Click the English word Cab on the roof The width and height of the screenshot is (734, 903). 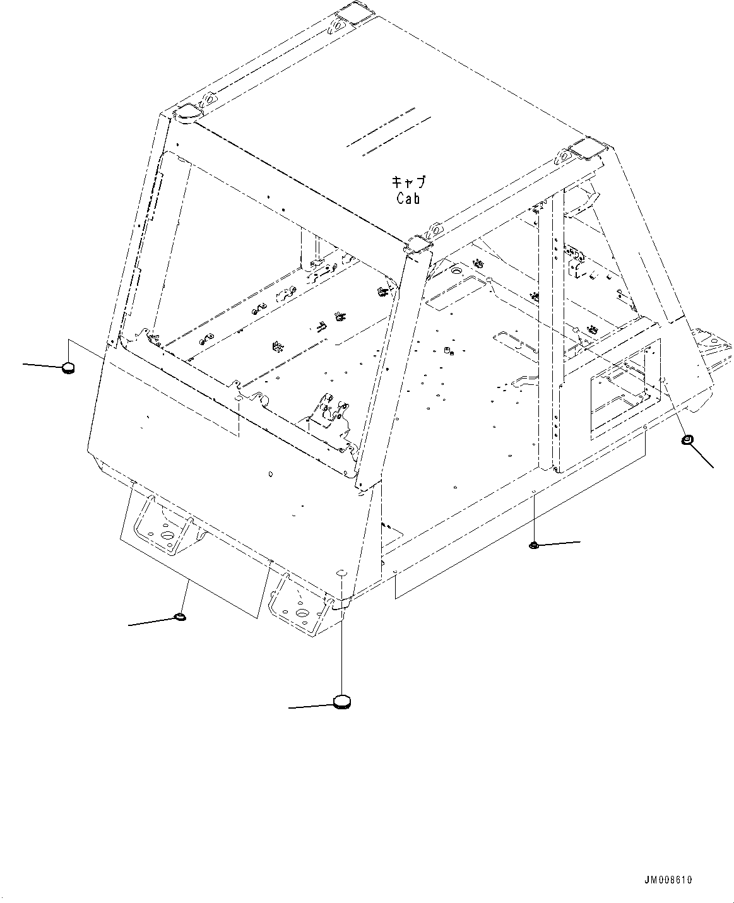408,198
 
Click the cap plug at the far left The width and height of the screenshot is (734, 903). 68,367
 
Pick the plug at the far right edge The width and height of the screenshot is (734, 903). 688,440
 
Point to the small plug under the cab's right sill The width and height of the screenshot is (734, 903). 533,545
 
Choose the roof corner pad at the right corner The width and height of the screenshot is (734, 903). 588,150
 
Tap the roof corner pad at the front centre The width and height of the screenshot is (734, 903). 418,245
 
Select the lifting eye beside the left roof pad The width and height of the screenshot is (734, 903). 209,100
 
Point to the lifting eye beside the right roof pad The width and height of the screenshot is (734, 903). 563,156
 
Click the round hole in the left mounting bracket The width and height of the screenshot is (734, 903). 168,535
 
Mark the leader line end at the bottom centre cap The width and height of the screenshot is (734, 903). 289,708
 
